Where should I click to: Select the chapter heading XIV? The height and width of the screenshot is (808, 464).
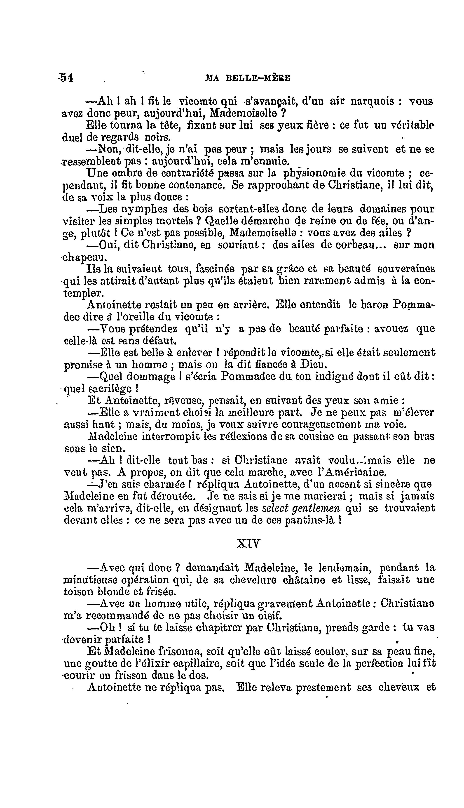pos(248,543)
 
